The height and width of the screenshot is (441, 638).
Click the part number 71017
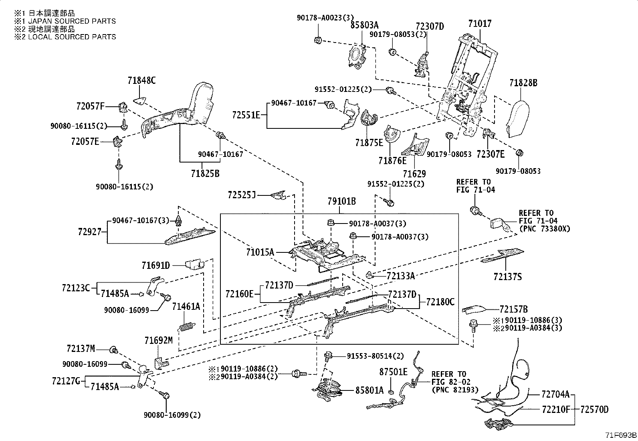(x=480, y=24)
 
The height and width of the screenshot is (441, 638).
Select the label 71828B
(x=523, y=83)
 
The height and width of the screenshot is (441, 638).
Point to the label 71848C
(x=141, y=80)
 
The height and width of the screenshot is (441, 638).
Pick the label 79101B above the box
(x=342, y=201)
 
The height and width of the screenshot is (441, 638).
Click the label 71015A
(x=260, y=252)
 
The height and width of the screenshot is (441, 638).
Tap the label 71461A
(x=186, y=307)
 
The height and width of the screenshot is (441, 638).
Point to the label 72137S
(x=507, y=276)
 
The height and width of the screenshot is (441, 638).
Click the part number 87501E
(x=393, y=372)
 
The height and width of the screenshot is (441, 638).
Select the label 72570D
(x=594, y=410)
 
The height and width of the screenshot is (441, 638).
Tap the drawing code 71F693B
(x=621, y=436)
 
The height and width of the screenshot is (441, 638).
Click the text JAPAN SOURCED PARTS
(x=72, y=21)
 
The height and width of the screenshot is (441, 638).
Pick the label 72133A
(x=400, y=276)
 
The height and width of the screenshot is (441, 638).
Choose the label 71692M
(x=159, y=341)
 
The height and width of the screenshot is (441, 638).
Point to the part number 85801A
(x=369, y=390)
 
